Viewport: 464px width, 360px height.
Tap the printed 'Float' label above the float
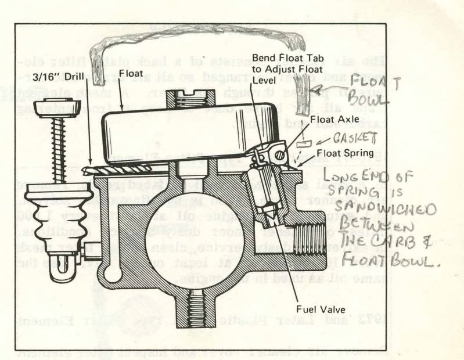click(132, 74)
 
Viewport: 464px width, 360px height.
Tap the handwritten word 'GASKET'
click(358, 138)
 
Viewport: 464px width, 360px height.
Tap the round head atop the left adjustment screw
click(56, 108)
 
